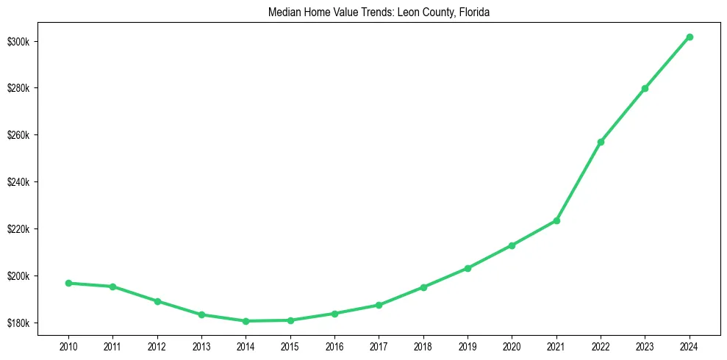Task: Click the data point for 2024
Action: point(690,37)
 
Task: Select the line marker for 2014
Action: point(246,321)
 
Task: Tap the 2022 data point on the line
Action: point(601,142)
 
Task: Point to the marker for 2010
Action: point(68,283)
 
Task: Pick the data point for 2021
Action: point(556,220)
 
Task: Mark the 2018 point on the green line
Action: point(423,287)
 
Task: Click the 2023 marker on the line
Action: point(645,88)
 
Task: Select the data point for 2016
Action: point(334,314)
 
